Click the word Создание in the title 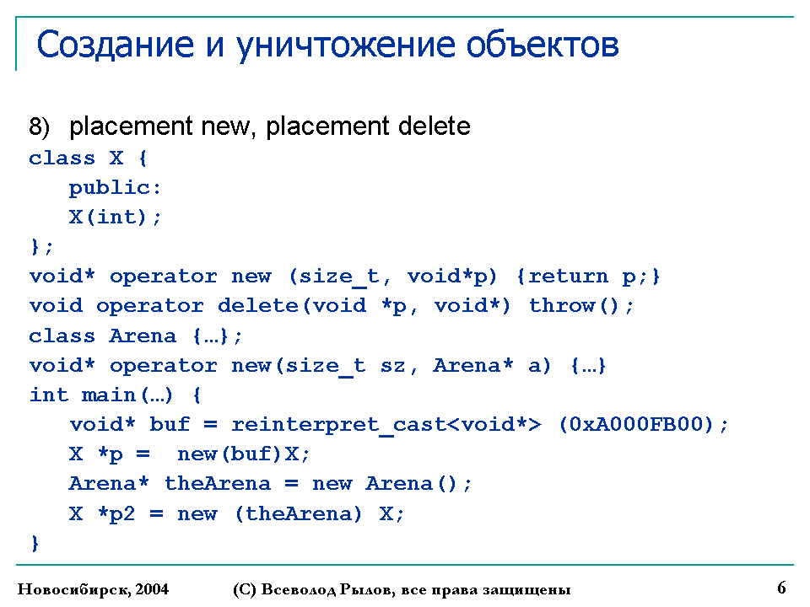tap(116, 45)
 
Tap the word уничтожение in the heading tap(346, 46)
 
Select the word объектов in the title tap(543, 45)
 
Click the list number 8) tap(40, 127)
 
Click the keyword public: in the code tap(116, 188)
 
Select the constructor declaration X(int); tap(116, 218)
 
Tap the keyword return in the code tap(568, 277)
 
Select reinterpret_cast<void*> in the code tap(386, 425)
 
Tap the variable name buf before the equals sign tap(170, 424)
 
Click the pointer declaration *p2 tap(116, 514)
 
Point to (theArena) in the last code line tap(298, 514)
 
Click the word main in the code tap(109, 395)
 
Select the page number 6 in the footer tap(781, 588)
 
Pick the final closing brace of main tap(35, 543)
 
